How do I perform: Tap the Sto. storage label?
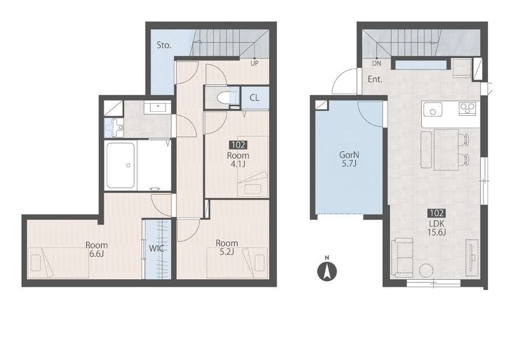click(x=164, y=45)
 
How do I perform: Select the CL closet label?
click(x=254, y=97)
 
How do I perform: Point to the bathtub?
click(x=120, y=165)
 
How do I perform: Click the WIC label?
click(x=157, y=249)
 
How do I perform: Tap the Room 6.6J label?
click(x=97, y=249)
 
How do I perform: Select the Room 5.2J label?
click(x=227, y=247)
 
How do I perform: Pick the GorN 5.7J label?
click(x=349, y=159)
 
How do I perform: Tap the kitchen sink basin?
click(x=433, y=109)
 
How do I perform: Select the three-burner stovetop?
click(x=468, y=108)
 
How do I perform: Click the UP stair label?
click(x=254, y=64)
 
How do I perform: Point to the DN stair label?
click(x=377, y=64)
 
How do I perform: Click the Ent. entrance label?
click(x=375, y=79)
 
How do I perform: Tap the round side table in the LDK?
click(x=426, y=271)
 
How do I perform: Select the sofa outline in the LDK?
click(x=402, y=258)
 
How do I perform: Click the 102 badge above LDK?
click(x=436, y=213)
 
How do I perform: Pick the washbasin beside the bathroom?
click(x=157, y=107)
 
